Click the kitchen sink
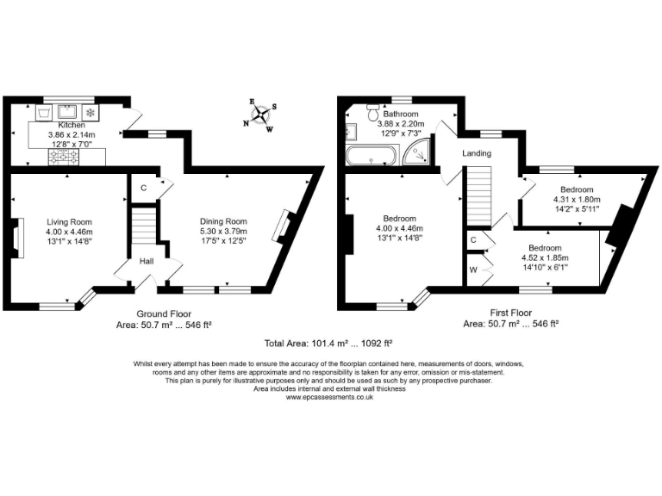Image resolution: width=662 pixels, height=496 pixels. click(x=66, y=113)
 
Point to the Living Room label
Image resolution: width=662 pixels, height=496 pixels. click(x=69, y=221)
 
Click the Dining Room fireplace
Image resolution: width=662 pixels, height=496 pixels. click(x=281, y=226)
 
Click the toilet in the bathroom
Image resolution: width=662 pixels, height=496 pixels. click(x=373, y=114)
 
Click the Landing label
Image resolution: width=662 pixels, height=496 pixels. click(x=477, y=153)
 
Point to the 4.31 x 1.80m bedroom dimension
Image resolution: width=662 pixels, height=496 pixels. click(x=577, y=199)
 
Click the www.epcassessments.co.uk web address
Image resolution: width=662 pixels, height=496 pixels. click(x=330, y=397)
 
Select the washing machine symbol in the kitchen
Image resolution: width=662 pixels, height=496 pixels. click(x=43, y=113)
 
